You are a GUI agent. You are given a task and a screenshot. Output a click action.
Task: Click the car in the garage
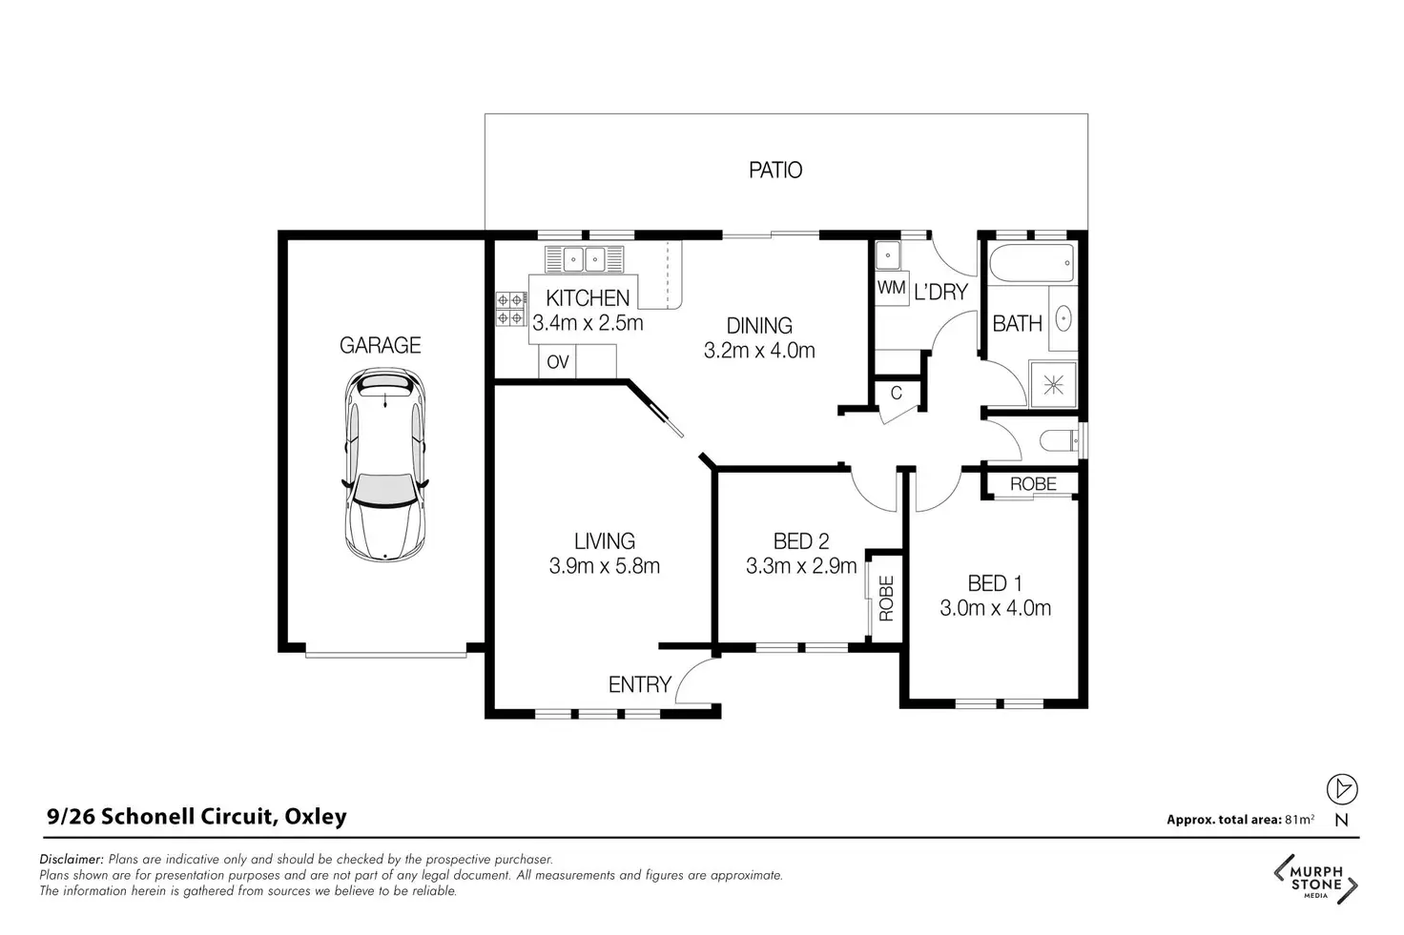tap(384, 465)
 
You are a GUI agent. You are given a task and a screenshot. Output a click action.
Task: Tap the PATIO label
tap(775, 170)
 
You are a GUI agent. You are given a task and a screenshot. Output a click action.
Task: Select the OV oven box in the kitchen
tap(557, 361)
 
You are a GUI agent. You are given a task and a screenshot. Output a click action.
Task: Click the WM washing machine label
tap(891, 288)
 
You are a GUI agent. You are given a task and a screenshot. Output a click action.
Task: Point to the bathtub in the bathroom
tap(1032, 263)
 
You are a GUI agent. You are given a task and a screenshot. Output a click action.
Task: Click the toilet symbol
tap(1060, 440)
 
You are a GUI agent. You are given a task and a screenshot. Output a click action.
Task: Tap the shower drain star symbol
tap(1054, 384)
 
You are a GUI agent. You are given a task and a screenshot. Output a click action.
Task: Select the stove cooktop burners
tap(511, 309)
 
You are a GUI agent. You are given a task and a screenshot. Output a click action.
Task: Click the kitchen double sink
tap(584, 258)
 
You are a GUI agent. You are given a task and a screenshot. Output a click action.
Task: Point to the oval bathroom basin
tap(1063, 318)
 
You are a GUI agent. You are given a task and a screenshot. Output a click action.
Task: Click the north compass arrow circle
tap(1342, 789)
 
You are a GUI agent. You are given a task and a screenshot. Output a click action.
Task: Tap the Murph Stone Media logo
tap(1315, 880)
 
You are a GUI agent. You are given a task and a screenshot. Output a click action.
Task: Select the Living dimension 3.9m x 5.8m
tap(604, 566)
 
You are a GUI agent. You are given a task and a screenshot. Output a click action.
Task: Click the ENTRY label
tap(640, 684)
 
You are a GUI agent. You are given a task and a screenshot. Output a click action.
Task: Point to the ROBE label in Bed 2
tap(886, 599)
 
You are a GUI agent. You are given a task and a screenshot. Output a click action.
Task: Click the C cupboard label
tap(897, 393)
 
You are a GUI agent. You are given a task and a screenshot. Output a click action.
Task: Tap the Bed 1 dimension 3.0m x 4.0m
tap(996, 608)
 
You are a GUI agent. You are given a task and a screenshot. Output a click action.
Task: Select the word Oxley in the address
tap(316, 816)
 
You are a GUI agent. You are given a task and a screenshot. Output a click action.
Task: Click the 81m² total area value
tap(1299, 819)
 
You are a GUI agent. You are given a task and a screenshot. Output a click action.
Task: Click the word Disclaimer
tap(72, 859)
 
